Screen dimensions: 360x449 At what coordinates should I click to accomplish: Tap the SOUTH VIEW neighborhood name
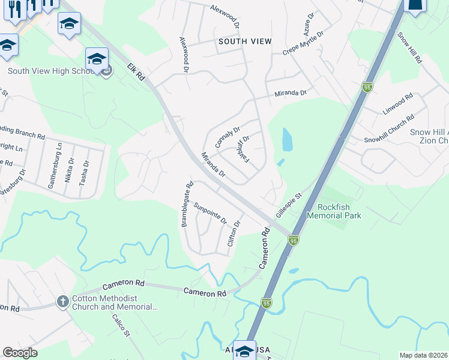coord(245,41)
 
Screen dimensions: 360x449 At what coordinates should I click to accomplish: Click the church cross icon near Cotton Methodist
coord(63,302)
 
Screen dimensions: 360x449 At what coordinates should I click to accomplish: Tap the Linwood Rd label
coord(398,104)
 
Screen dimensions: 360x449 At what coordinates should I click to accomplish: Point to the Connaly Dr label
coord(228,137)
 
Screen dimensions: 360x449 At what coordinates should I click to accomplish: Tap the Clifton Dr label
coord(234,233)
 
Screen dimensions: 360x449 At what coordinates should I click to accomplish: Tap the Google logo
coord(20,352)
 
